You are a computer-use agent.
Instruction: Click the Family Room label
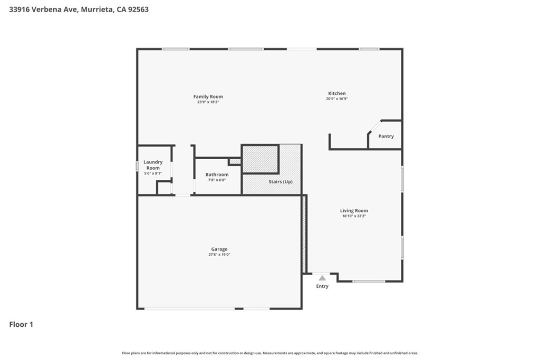click(x=208, y=96)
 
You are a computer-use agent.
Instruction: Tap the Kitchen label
click(x=337, y=93)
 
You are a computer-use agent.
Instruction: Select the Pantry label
click(x=386, y=137)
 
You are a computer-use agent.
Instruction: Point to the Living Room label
click(x=354, y=211)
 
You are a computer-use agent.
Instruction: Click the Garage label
click(x=219, y=249)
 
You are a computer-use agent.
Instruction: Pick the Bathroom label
click(x=217, y=174)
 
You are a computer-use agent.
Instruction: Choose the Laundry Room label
click(x=153, y=165)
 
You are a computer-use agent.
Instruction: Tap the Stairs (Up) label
click(x=281, y=182)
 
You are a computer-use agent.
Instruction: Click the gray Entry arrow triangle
click(x=322, y=278)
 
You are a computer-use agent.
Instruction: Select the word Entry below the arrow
click(x=322, y=286)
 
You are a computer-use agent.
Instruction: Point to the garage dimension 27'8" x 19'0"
click(x=219, y=255)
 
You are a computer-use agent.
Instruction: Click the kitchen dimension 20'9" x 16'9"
click(x=337, y=99)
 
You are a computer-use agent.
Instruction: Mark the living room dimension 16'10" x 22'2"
click(x=354, y=216)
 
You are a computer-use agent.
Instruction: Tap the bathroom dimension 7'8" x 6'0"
click(x=217, y=180)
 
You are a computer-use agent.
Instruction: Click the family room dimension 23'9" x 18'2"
click(x=208, y=102)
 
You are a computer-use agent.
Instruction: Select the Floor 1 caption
click(x=21, y=325)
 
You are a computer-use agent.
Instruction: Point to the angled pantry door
click(x=375, y=127)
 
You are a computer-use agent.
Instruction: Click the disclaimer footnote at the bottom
click(x=270, y=353)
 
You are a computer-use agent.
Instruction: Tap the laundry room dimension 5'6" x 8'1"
click(x=153, y=173)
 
